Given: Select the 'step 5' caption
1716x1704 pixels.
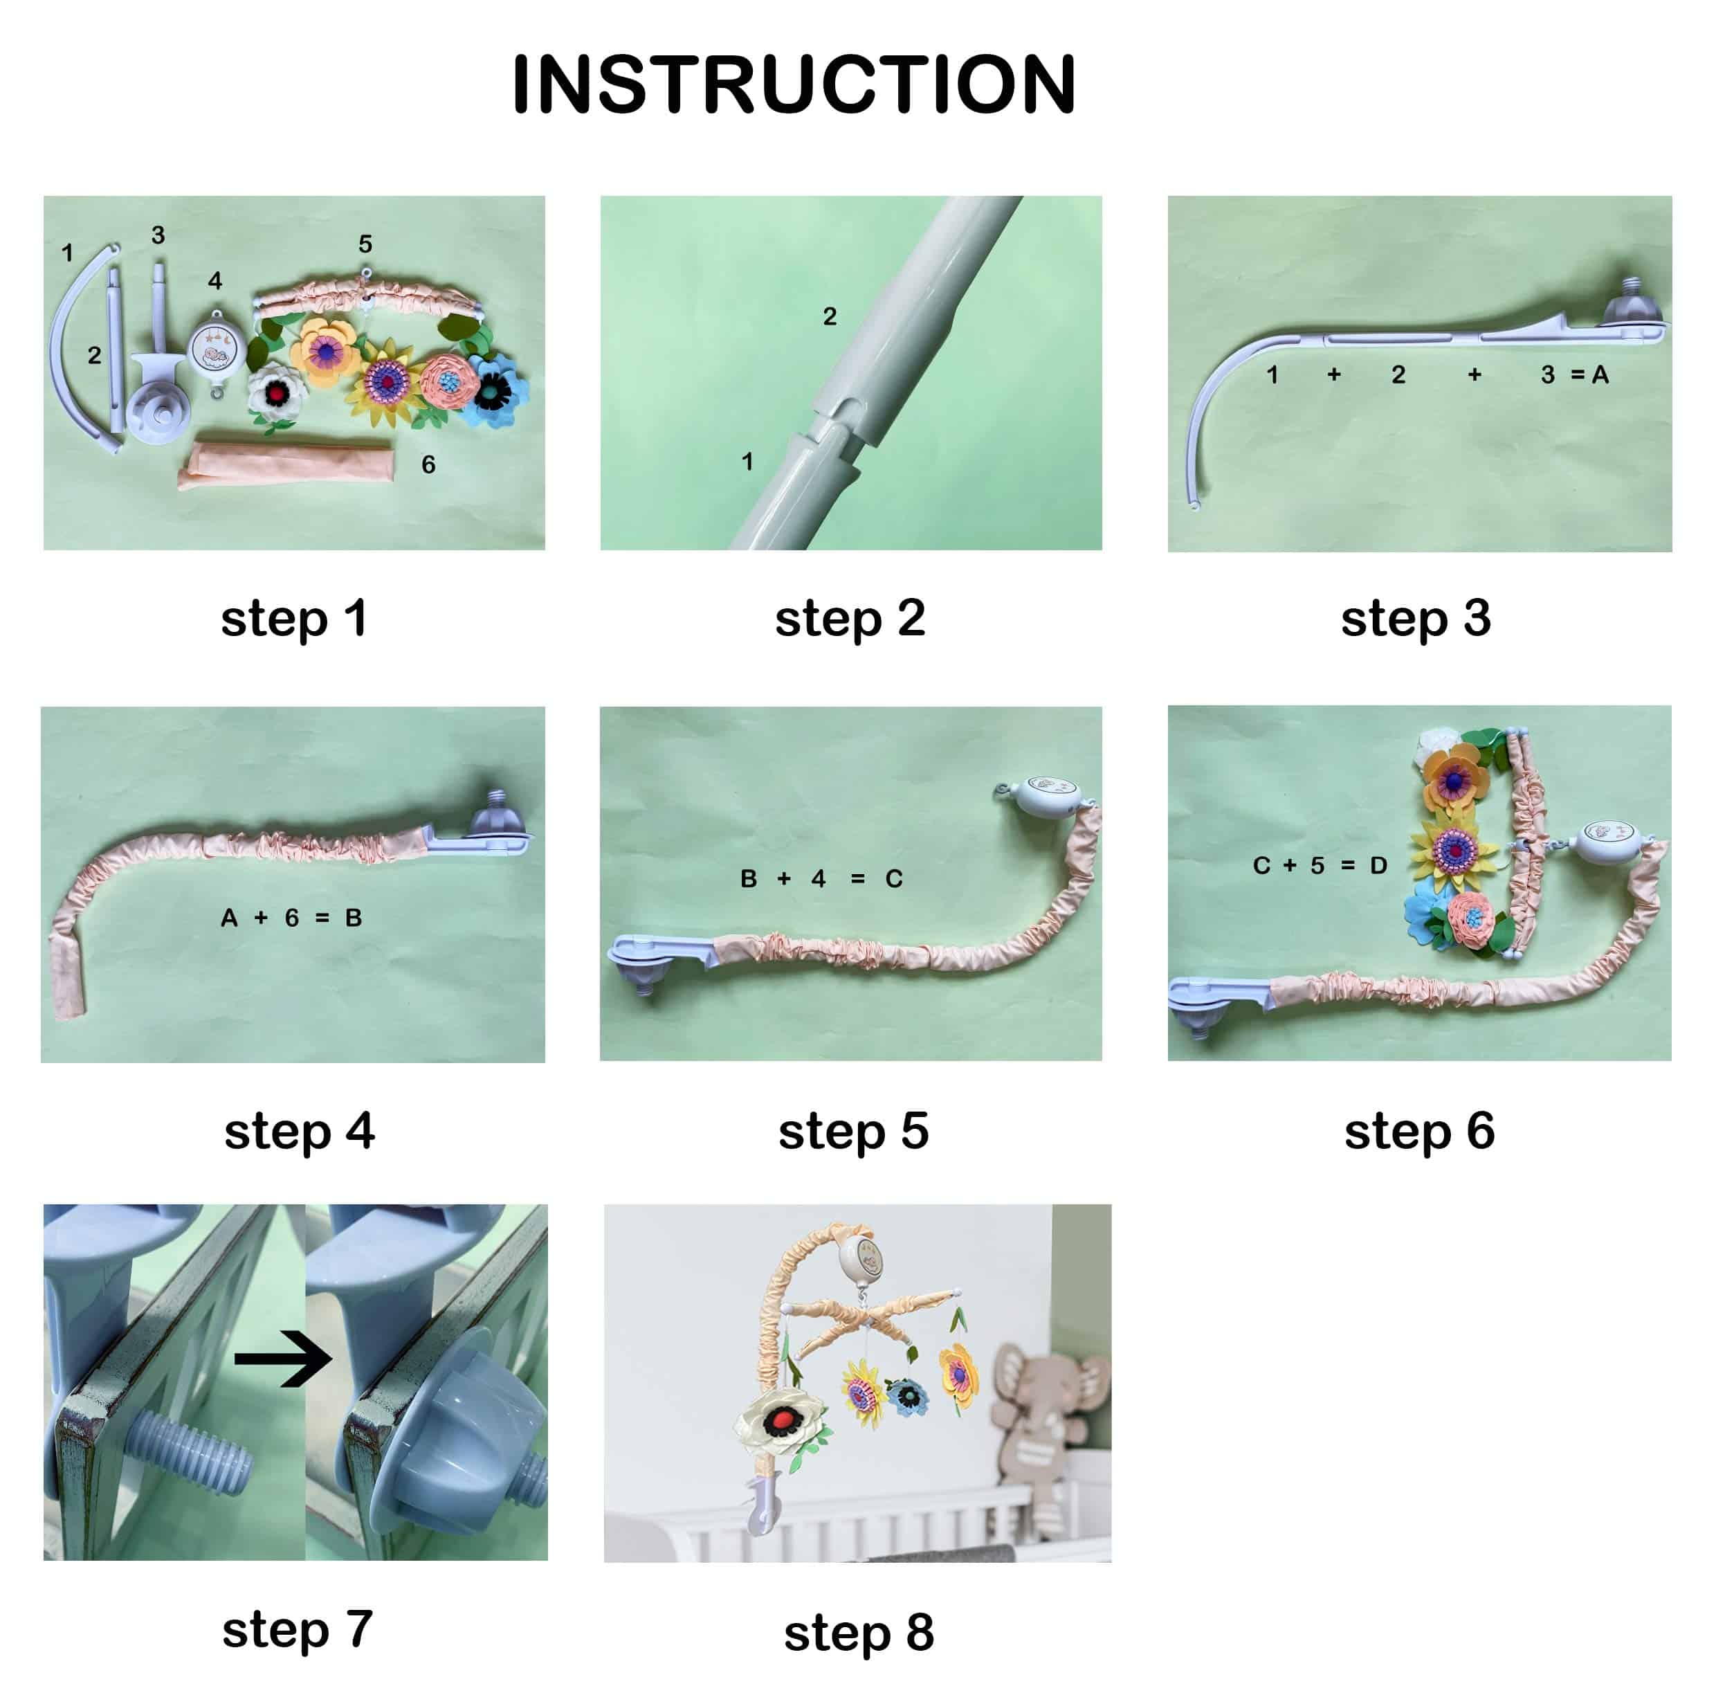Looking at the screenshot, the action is [x=854, y=1131].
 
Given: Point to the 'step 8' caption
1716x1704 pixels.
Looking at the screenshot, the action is [x=859, y=1632].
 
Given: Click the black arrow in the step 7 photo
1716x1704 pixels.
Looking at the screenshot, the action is [x=282, y=1359].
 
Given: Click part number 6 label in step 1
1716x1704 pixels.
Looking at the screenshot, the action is [x=428, y=464].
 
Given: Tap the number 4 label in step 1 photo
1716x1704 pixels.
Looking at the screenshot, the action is [x=215, y=281].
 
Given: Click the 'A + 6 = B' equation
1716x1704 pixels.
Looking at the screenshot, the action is [x=291, y=918].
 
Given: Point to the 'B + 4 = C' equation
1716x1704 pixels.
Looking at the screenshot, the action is [x=821, y=879].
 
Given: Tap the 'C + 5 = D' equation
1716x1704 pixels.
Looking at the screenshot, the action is [x=1320, y=865].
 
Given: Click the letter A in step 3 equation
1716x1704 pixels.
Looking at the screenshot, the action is [x=1600, y=375].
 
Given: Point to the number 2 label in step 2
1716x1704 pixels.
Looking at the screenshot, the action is [x=830, y=316].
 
